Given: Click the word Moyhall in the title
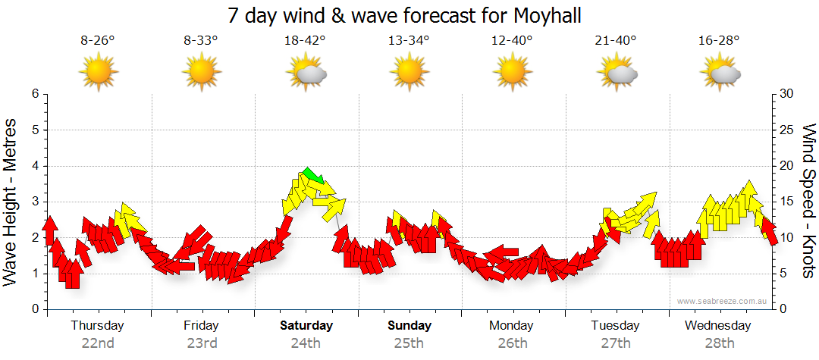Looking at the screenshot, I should coord(543,16).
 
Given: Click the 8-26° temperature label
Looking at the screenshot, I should coord(98,41).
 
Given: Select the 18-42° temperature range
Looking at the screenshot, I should coord(306,41).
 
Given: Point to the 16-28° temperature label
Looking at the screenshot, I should coord(720,41).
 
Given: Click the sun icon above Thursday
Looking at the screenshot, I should coord(99,74).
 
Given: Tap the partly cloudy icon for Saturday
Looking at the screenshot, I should coord(306,74).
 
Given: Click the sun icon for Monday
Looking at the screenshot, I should coord(513,74).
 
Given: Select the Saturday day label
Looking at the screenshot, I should coord(306,326).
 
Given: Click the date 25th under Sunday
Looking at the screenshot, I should coord(409,343).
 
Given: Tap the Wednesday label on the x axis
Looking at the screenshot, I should coord(718,326).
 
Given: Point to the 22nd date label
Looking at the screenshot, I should coord(98,343).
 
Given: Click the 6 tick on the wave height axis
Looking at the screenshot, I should coord(34,94).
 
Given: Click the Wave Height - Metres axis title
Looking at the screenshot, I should coord(11,202).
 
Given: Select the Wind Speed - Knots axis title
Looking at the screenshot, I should coord(808,202).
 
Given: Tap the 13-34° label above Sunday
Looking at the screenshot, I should coord(409,41).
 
